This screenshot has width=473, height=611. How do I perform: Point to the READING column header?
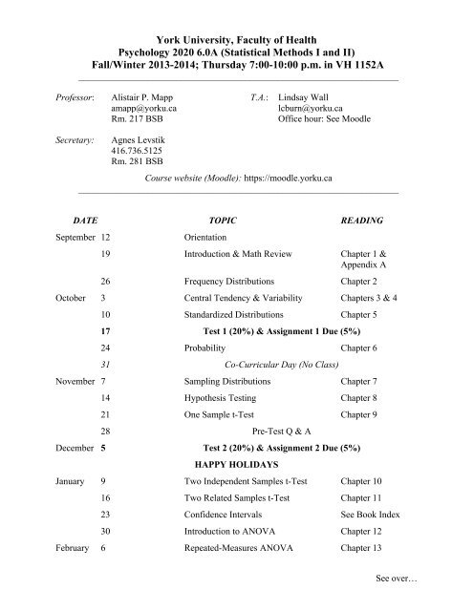click(362, 220)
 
